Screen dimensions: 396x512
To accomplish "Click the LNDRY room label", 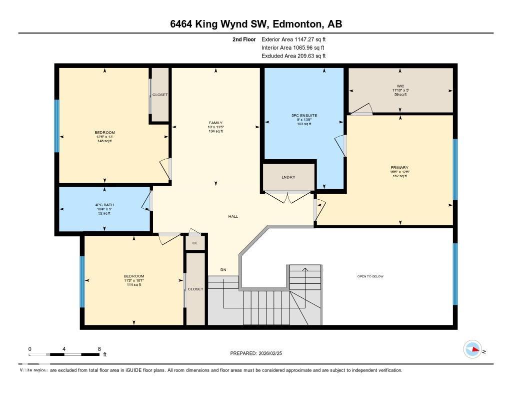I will (288, 177).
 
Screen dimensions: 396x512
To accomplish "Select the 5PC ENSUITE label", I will (304, 116).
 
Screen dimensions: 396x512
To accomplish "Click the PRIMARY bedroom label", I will (399, 168).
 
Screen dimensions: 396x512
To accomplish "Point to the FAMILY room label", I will (215, 123).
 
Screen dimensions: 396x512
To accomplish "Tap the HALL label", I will (233, 216).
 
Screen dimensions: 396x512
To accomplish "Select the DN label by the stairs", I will (223, 270).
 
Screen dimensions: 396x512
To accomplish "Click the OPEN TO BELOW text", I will (370, 276).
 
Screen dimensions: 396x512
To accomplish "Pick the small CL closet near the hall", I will (195, 243).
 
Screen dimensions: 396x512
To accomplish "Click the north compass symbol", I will (472, 349).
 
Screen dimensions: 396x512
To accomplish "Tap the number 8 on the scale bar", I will (99, 349).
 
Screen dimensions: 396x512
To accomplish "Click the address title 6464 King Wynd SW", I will (255, 25).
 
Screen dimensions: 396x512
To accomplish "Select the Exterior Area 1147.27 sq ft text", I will (293, 39).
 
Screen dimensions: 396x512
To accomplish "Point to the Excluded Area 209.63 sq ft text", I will (293, 56).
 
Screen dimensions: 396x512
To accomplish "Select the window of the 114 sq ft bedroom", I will (82, 281).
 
